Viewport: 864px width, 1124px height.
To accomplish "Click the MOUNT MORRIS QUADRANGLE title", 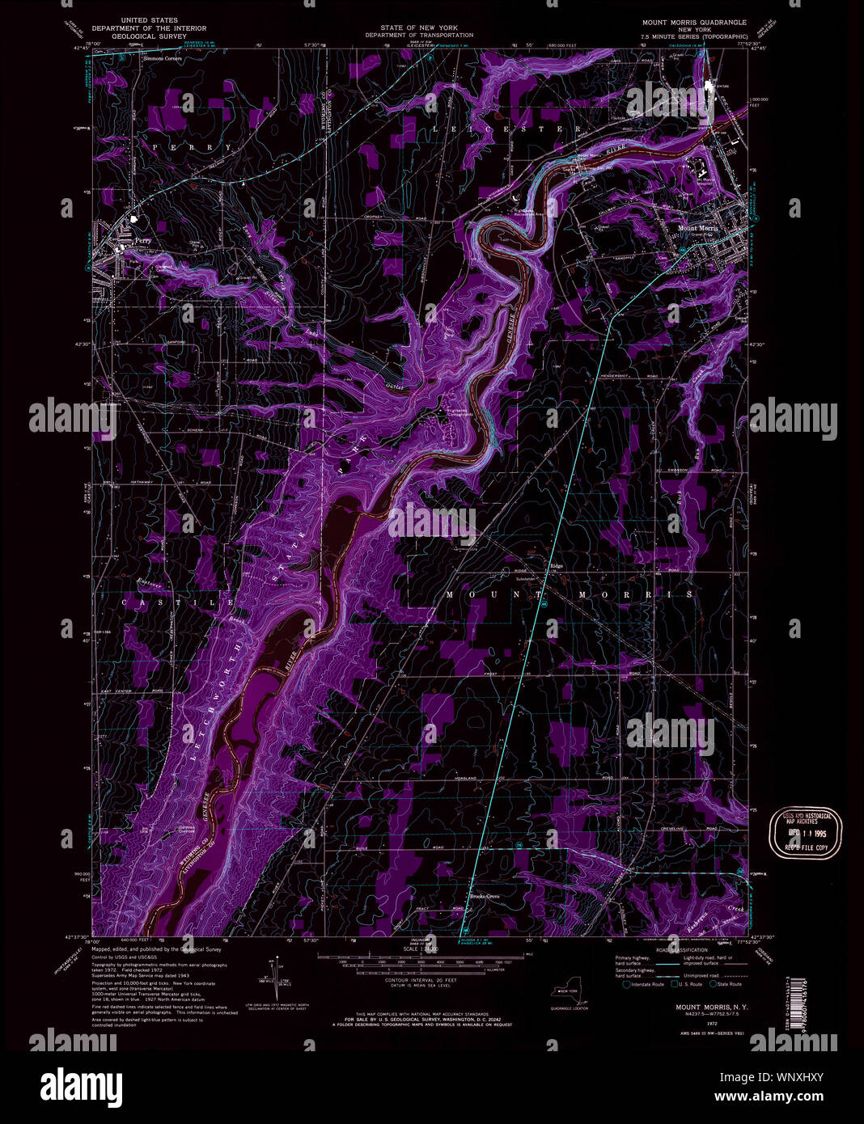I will coord(694,23).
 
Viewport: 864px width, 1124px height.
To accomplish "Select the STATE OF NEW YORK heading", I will coord(418,27).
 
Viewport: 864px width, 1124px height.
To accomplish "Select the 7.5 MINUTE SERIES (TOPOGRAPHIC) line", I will coord(694,37).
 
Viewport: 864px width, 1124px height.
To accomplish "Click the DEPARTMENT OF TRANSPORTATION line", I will coord(418,36).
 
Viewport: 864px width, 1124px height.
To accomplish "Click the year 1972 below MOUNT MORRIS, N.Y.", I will coord(689,1024).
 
